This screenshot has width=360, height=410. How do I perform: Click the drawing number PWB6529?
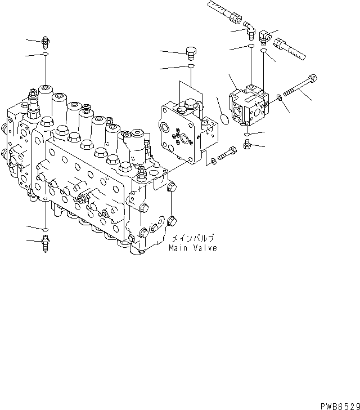coord(339,404)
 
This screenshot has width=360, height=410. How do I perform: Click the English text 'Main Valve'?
coord(192,247)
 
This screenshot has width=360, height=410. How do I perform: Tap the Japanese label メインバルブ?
coord(193,238)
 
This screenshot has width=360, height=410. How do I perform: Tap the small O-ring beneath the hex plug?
coord(191,67)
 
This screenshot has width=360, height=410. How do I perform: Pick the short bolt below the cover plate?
coord(226,153)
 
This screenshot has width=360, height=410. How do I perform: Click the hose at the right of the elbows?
coord(288,47)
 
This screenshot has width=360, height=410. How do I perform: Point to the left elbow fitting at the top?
coord(250,30)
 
